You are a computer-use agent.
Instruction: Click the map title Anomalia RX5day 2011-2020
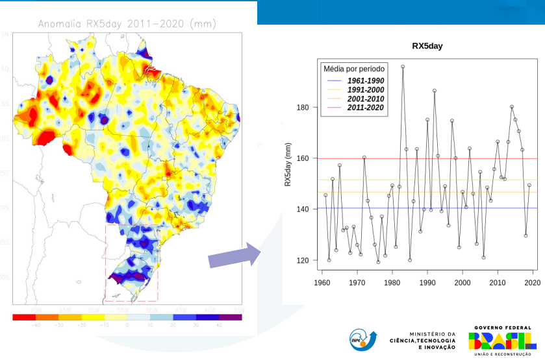point(127,24)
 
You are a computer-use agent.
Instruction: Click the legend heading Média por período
point(354,69)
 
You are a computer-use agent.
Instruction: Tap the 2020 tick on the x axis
point(533,283)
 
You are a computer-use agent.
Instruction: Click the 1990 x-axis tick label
point(427,283)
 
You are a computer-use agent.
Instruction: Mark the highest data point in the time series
point(403,66)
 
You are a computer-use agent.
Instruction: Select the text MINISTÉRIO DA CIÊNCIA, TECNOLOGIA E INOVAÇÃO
point(423,341)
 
